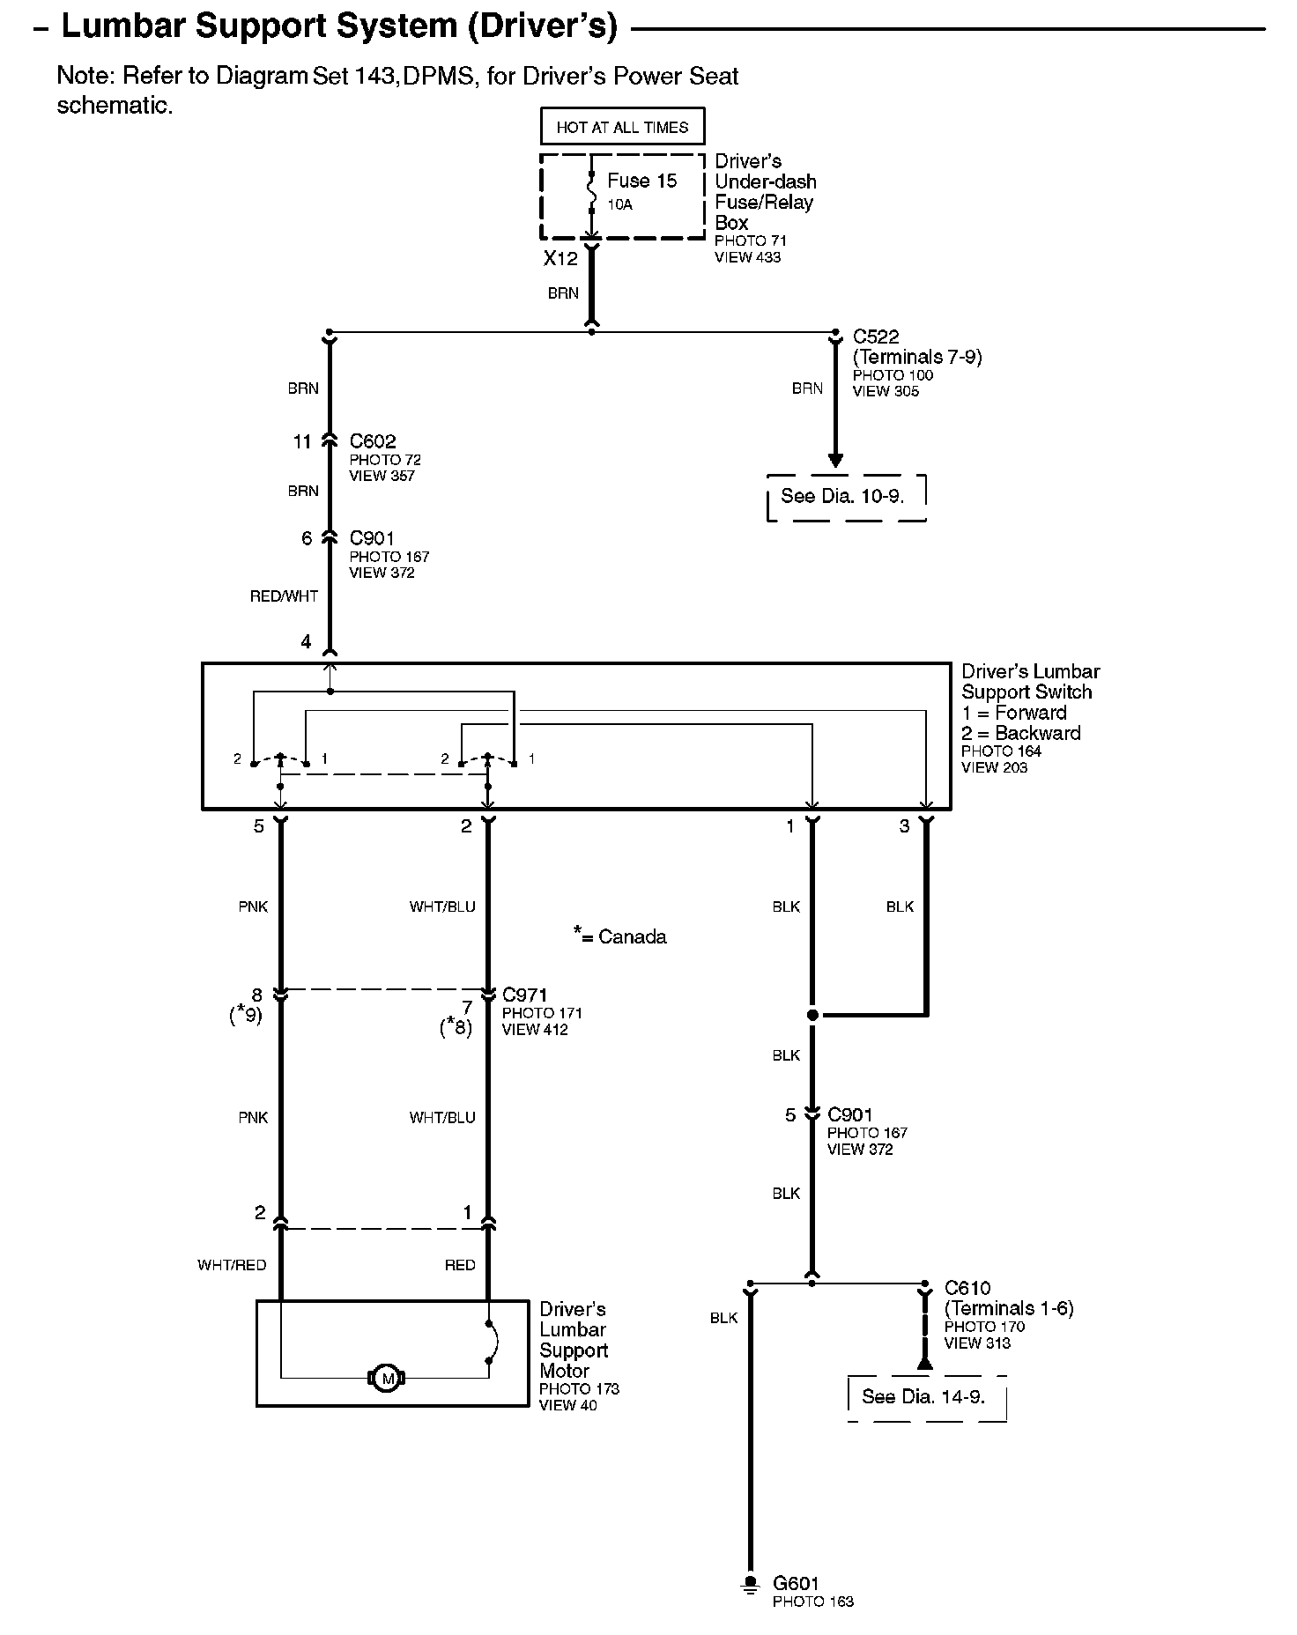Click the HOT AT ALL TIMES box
coord(622,127)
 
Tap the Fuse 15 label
coord(641,181)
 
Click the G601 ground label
coord(796,1583)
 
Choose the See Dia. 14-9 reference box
coord(923,1396)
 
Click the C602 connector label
coord(373,441)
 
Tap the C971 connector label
coord(524,995)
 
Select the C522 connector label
coord(876,337)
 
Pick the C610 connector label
coord(967,1288)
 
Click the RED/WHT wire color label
coord(284,596)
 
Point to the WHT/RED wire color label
coord(232,1265)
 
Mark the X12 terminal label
coord(560,258)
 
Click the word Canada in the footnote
coord(632,937)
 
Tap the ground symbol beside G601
coord(750,1585)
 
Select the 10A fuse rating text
coord(619,205)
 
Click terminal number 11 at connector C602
coord(302,442)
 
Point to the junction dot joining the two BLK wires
coord(812,1015)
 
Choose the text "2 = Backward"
coord(1020,733)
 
